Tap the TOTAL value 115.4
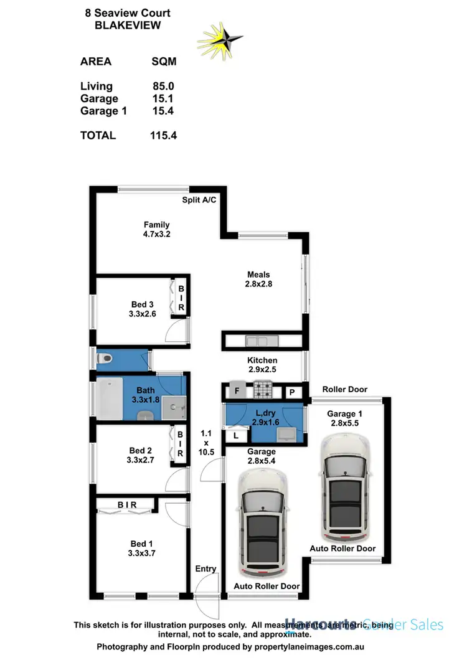164,134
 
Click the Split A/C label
199,200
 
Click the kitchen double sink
257,341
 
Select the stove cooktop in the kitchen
262,392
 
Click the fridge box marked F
237,392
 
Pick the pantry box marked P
291,392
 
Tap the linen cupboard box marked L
235,436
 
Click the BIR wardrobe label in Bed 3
181,298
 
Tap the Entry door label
205,568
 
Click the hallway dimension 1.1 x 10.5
206,442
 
